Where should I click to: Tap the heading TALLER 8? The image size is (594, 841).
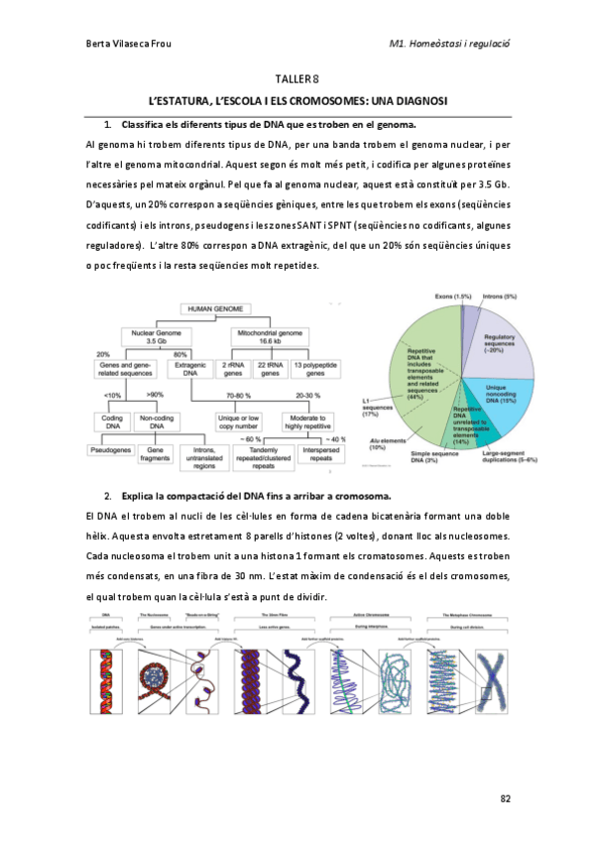point(297,79)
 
